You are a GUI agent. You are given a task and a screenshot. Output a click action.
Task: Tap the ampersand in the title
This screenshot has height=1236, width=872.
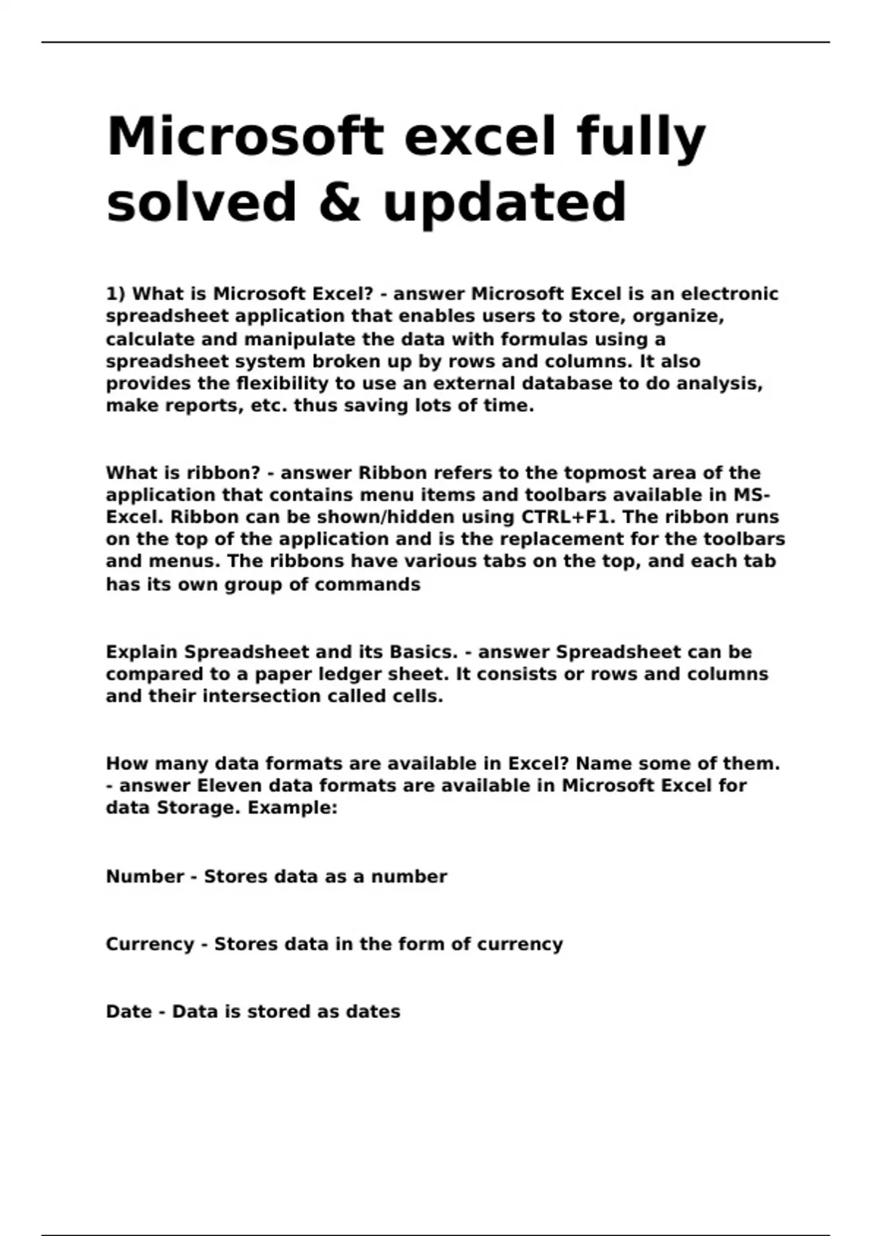click(x=340, y=202)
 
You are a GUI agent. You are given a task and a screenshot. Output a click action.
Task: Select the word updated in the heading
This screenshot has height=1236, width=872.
click(x=504, y=202)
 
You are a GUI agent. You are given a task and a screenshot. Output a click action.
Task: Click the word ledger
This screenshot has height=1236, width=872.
click(x=351, y=675)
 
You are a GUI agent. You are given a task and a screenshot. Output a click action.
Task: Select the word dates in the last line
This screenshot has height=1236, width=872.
click(x=373, y=1012)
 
